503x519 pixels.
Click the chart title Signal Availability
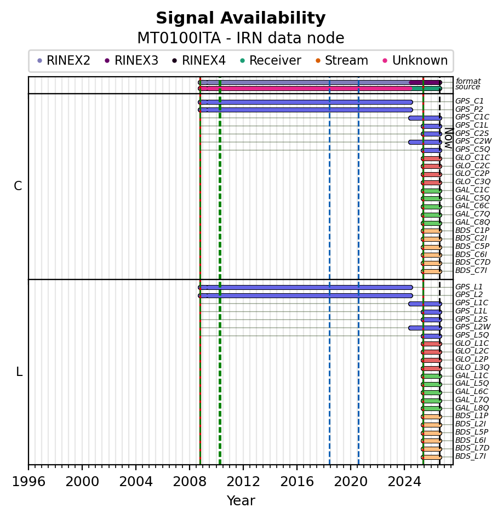[x=241, y=19]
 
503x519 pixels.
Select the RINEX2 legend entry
[x=63, y=61]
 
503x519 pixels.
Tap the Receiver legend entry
[x=270, y=61]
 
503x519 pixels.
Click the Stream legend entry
[x=342, y=61]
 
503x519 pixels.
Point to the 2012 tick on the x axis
[x=243, y=466]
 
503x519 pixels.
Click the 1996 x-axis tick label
[x=28, y=482]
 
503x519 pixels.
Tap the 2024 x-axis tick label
[x=404, y=482]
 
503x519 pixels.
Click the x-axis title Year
[x=241, y=501]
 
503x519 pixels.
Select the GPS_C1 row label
[x=469, y=101]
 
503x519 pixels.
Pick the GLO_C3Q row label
[x=472, y=182]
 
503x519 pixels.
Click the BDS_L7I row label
[x=471, y=457]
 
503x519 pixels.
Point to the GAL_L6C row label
[x=472, y=391]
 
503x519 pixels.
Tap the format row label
[x=468, y=81]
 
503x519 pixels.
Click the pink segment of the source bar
[x=305, y=88]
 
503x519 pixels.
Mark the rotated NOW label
[x=449, y=138]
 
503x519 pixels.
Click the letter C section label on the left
[x=18, y=186]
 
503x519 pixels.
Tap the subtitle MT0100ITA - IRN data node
[x=241, y=38]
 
